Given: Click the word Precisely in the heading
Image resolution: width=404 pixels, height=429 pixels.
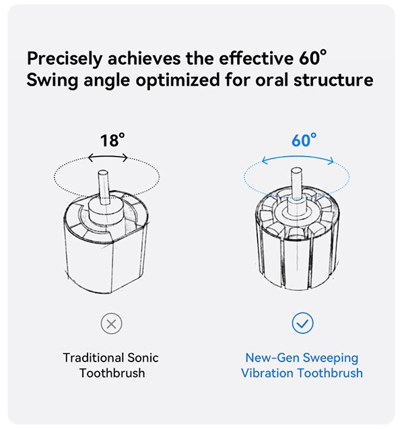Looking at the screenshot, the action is click(x=65, y=59).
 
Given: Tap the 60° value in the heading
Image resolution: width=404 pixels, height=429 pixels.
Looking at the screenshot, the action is click(x=312, y=57).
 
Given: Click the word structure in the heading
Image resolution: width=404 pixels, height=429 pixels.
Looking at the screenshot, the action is click(x=333, y=80).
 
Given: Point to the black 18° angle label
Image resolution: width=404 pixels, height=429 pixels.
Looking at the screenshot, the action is click(x=112, y=140).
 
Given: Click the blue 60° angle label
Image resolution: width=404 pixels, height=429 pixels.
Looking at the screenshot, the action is click(x=304, y=140).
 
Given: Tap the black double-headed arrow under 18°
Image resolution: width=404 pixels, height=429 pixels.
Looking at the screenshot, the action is click(x=108, y=157).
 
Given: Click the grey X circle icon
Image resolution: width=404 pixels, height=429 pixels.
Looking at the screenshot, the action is click(x=112, y=324).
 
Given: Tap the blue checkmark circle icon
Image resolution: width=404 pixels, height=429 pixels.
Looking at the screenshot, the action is click(x=302, y=323).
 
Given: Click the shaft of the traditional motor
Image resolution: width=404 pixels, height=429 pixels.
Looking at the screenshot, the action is click(x=104, y=188).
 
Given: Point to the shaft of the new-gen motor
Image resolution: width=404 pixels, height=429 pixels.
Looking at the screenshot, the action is click(x=297, y=183).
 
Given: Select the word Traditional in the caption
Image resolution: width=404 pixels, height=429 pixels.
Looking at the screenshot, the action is click(x=93, y=358).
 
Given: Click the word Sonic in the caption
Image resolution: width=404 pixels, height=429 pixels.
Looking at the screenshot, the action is click(x=143, y=358).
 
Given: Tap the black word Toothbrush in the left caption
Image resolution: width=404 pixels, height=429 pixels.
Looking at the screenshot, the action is click(x=112, y=373).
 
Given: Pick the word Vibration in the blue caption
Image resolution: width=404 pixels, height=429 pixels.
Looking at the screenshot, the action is click(x=267, y=373).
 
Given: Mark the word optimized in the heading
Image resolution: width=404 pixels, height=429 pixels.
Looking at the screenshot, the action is click(x=178, y=81).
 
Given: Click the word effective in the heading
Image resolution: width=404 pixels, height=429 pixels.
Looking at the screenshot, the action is click(x=257, y=59).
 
